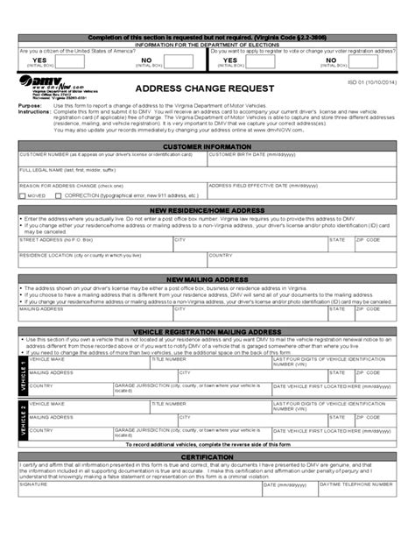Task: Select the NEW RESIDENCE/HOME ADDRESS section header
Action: click(207, 211)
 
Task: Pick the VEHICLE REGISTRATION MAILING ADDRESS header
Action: click(207, 332)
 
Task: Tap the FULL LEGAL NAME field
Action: click(207, 175)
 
